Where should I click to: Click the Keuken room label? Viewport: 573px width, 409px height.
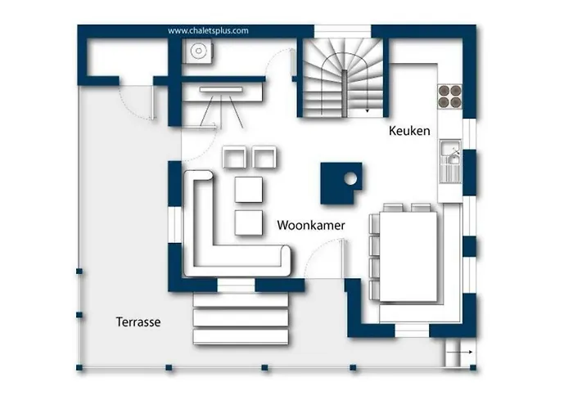point(409,131)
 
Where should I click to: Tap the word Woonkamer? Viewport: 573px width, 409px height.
point(310,225)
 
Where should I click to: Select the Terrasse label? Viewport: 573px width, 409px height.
point(138,321)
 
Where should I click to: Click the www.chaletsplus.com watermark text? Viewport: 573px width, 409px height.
point(208,31)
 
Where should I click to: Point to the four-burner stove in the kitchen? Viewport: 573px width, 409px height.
point(449,97)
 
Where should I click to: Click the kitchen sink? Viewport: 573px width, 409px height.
point(450,160)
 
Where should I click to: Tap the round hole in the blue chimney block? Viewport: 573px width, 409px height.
point(350,178)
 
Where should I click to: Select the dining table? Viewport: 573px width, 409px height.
point(408,256)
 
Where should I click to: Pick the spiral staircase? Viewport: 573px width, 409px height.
point(344,79)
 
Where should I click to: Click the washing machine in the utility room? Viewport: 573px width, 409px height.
point(198,51)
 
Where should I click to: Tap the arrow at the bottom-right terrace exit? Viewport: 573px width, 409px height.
point(459,352)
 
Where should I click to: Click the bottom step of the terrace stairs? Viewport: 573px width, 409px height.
point(241,337)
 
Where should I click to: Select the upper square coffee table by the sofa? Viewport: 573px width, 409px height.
point(249,189)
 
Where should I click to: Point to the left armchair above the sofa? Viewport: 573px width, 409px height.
point(234,157)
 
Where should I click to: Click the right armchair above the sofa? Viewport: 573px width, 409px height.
point(264,157)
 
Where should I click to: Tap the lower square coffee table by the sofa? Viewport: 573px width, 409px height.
point(249,222)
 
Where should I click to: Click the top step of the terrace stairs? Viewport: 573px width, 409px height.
point(241,300)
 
